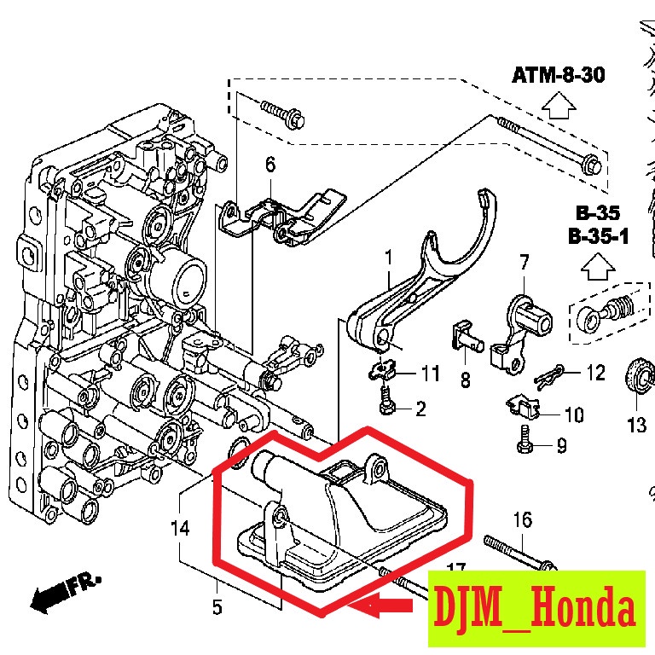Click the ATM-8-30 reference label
558,75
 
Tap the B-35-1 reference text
597,235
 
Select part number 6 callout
270,164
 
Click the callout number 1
388,256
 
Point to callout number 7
523,261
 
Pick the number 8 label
465,380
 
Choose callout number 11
429,374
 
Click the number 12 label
594,372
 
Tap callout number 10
573,415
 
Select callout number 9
561,445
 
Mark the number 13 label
637,425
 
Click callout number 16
522,519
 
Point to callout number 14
179,529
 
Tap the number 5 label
217,607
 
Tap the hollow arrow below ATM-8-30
559,106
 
